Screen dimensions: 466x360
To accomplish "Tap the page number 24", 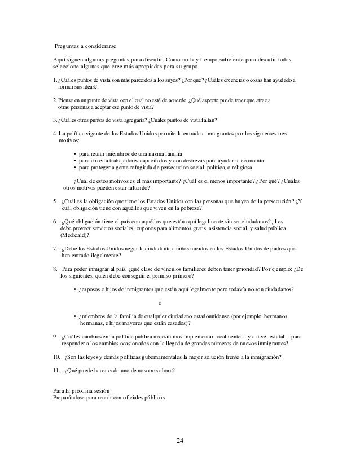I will tap(179, 441).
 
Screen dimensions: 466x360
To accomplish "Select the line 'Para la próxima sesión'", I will tap(78, 391).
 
